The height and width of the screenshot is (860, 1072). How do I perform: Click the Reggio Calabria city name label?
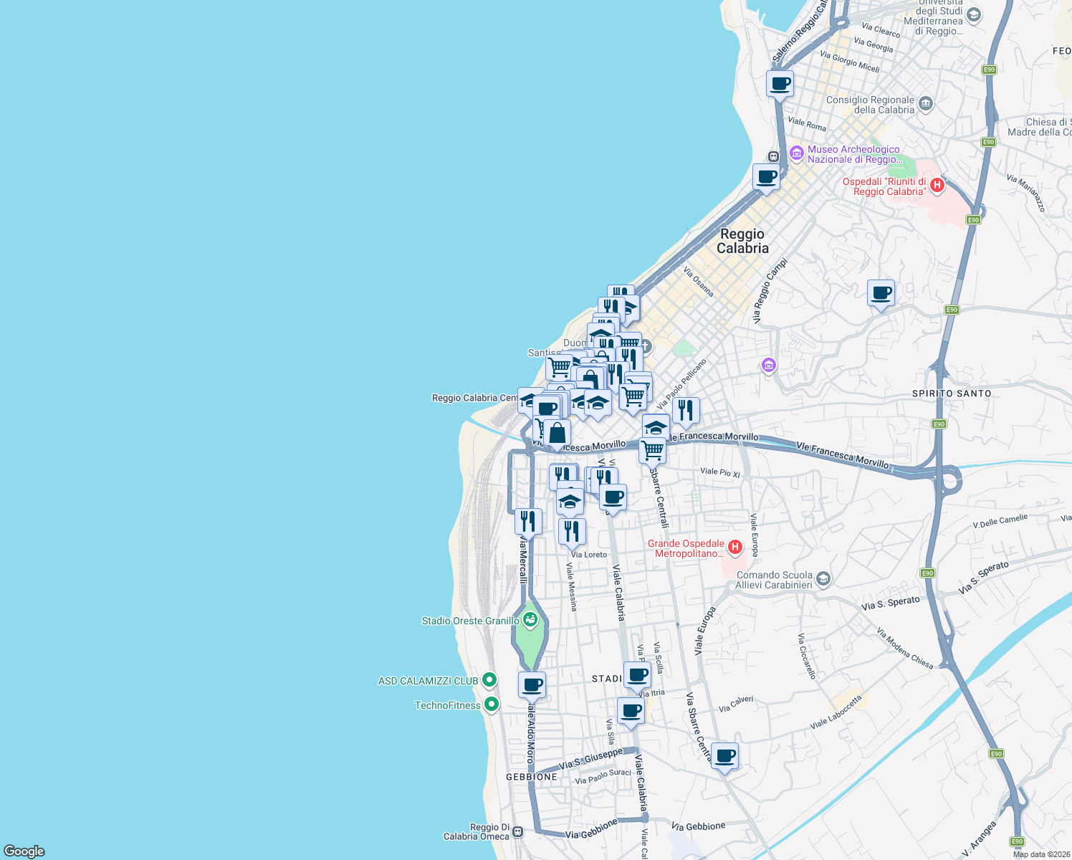742,242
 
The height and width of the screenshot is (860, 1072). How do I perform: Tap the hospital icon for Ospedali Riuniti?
936,186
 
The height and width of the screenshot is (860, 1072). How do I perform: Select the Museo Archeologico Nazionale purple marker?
796,153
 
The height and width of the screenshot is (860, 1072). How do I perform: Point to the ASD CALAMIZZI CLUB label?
428,681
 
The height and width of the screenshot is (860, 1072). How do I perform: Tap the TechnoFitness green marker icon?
491,704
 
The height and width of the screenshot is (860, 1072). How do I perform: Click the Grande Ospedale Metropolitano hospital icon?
734,548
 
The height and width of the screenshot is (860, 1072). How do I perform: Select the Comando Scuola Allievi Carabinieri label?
774,580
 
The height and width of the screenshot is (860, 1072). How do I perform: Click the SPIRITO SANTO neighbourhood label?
952,393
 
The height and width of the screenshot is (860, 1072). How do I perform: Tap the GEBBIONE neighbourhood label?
531,777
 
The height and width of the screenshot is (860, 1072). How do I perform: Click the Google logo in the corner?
24,851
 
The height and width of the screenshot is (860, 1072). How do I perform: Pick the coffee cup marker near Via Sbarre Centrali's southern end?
724,756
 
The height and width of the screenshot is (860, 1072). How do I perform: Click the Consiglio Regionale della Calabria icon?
925,104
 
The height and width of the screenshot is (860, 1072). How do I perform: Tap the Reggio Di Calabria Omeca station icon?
517,832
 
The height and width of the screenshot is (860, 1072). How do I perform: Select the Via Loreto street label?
589,555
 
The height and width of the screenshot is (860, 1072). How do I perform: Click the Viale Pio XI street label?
719,472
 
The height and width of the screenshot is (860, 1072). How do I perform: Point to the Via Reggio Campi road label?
770,290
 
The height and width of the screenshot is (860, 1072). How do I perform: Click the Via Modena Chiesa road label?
904,649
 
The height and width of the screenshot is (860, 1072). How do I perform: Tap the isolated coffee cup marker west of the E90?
881,293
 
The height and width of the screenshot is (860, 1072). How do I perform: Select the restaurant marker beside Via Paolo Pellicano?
685,411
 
